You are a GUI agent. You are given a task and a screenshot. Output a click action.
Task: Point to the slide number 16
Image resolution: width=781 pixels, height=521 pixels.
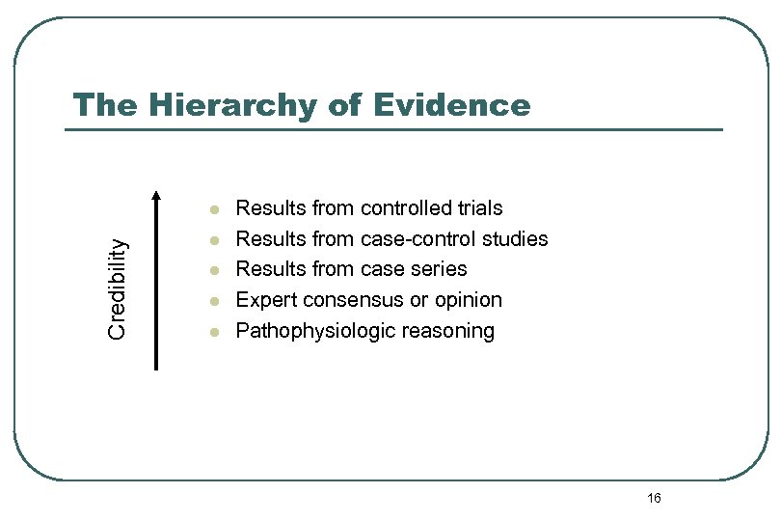click(654, 498)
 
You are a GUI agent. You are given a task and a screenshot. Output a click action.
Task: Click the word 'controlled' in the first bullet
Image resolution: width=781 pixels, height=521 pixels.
click(405, 208)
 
